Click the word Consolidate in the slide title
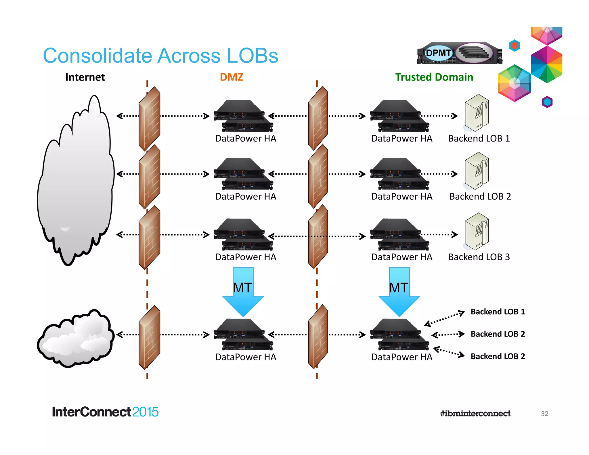pyautogui.click(x=97, y=56)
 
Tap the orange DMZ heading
pyautogui.click(x=231, y=77)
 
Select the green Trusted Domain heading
pyautogui.click(x=434, y=77)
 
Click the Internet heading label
pyautogui.click(x=85, y=77)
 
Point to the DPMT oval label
pyautogui.click(x=438, y=53)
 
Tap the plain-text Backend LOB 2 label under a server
pyautogui.click(x=480, y=196)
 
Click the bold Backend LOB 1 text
pyautogui.click(x=498, y=312)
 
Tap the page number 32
pyautogui.click(x=544, y=414)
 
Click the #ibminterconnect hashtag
pyautogui.click(x=475, y=414)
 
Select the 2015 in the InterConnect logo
pyautogui.click(x=145, y=412)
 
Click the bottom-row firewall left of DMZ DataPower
pyautogui.click(x=149, y=337)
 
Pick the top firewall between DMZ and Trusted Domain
pyautogui.click(x=318, y=118)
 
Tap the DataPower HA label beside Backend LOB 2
pyautogui.click(x=401, y=196)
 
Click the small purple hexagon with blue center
pyautogui.click(x=547, y=102)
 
